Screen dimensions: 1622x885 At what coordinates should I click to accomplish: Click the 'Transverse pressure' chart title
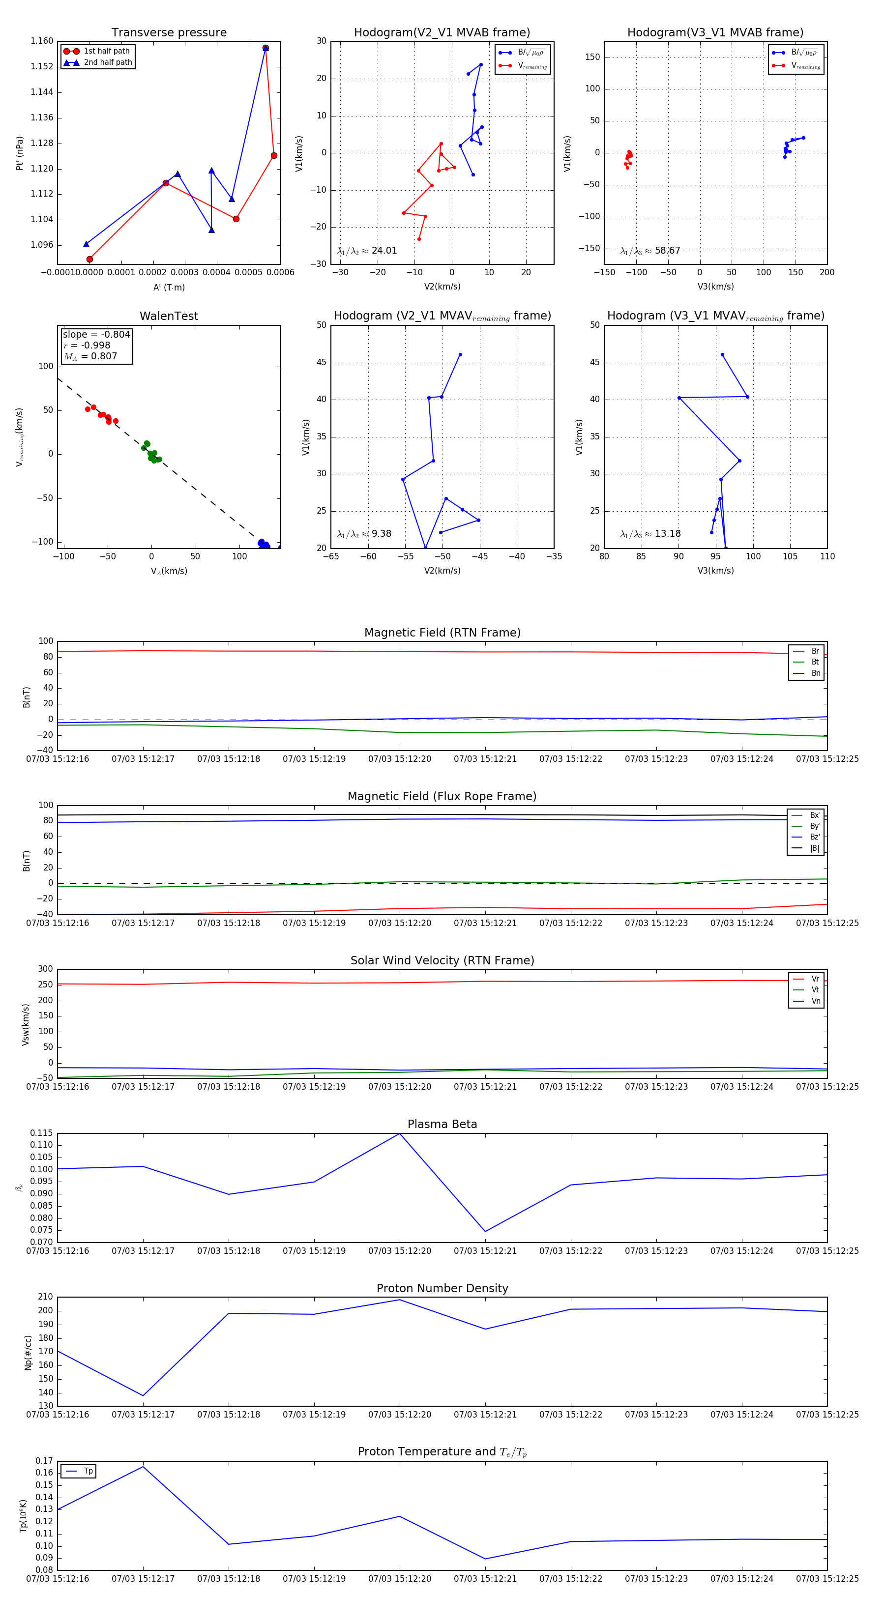click(169, 33)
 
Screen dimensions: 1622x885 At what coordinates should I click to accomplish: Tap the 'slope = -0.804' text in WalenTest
click(96, 334)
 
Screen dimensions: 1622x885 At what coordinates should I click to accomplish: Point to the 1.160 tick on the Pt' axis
click(42, 41)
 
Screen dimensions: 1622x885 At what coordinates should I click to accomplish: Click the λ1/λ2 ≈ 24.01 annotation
click(367, 251)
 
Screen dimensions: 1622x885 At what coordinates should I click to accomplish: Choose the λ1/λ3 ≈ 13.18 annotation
click(650, 534)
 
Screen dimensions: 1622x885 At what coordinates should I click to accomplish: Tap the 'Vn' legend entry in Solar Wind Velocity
click(815, 1001)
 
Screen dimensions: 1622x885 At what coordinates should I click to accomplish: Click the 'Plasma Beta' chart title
click(442, 1124)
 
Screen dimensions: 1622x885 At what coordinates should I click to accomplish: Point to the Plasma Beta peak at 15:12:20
click(399, 1134)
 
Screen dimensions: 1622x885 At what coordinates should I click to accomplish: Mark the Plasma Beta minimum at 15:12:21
click(485, 1231)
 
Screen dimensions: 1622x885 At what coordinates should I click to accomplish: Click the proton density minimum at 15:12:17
click(143, 1395)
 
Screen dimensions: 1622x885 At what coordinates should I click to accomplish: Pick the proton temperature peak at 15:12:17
click(143, 1467)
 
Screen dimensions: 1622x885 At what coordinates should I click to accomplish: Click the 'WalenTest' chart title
click(169, 316)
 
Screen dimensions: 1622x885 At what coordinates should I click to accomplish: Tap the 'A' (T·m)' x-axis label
click(169, 287)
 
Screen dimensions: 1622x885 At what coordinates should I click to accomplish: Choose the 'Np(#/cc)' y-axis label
click(28, 1352)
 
